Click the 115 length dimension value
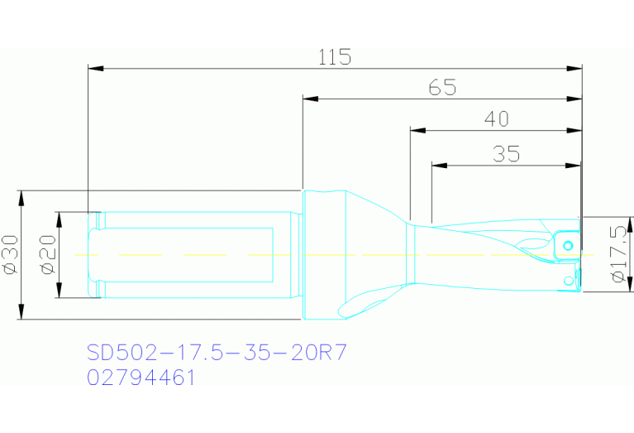pos(335,57)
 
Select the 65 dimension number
pos(442,87)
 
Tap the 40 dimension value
pos(496,119)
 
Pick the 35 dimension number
pos(505,154)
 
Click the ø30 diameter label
pos(11,255)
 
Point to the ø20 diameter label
pos(46,255)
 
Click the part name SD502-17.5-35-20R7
pos(217,353)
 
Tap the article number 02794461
pos(141,378)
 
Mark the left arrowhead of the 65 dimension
pos(310,99)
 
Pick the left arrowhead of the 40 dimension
pos(417,130)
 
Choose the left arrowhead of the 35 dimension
pos(439,165)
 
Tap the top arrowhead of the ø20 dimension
pos(59,217)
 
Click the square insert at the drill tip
pos(566,243)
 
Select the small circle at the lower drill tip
pos(568,282)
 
